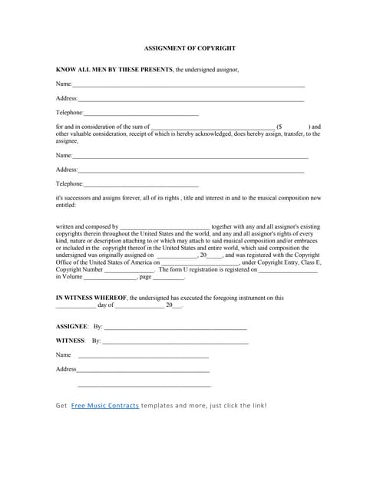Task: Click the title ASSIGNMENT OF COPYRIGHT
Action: pyautogui.click(x=190, y=48)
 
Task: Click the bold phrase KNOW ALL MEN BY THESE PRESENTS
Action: pyautogui.click(x=114, y=69)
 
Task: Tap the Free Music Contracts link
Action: pyautogui.click(x=104, y=405)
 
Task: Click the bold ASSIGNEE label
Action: pyautogui.click(x=71, y=327)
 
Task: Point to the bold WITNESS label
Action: pyautogui.click(x=71, y=341)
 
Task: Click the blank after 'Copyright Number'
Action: pyautogui.click(x=129, y=270)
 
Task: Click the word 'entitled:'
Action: pyautogui.click(x=66, y=205)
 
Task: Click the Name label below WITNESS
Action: pyautogui.click(x=63, y=355)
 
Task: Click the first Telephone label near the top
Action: pyautogui.click(x=69, y=113)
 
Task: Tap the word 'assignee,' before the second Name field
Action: pyautogui.click(x=68, y=141)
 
